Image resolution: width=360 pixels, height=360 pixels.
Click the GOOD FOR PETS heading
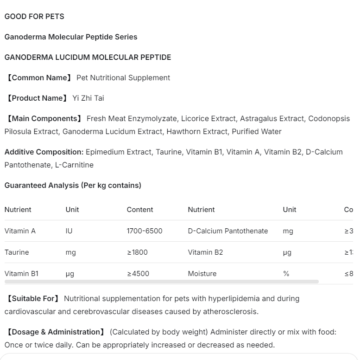(34, 16)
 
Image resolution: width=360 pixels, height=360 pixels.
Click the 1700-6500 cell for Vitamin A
(145, 231)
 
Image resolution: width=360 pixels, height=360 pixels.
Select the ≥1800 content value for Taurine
(138, 252)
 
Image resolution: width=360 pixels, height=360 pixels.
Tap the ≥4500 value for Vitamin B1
(138, 274)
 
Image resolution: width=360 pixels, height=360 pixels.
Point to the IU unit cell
(69, 231)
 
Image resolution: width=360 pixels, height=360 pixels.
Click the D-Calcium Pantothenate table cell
(228, 231)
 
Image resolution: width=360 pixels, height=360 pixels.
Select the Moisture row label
(202, 274)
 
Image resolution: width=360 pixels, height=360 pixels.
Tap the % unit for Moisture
(286, 274)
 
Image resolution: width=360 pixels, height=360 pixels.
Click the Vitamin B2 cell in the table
(205, 252)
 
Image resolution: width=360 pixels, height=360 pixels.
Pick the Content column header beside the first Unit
(140, 210)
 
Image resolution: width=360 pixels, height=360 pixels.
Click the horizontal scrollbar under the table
(162, 282)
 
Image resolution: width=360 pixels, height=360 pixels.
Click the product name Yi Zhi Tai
(88, 98)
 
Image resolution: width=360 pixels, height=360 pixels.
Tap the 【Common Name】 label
(38, 77)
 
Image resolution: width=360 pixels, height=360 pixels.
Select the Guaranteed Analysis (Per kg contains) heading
(73, 185)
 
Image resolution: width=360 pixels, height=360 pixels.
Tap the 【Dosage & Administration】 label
(55, 332)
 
